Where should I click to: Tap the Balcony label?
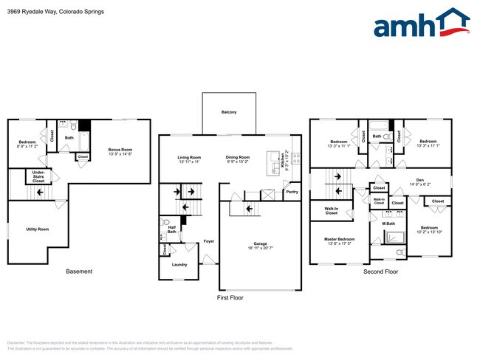[229, 112]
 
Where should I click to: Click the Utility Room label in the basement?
[37, 229]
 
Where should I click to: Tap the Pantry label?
[292, 192]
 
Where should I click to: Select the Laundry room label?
[179, 264]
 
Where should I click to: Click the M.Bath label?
[388, 223]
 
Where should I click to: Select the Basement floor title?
[79, 271]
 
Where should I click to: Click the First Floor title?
[230, 298]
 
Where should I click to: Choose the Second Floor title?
[380, 271]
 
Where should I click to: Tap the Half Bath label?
[171, 230]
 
